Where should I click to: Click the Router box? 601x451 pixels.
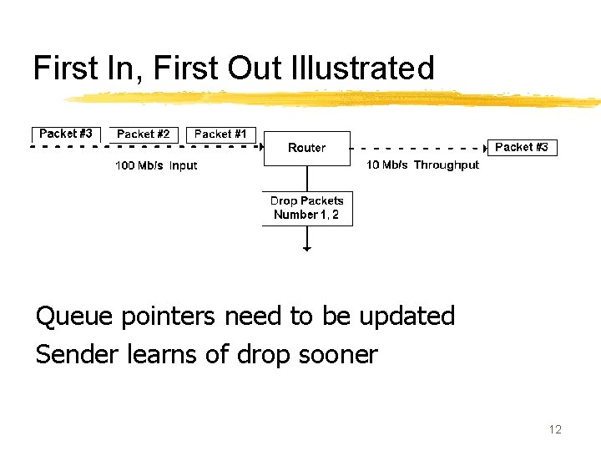click(306, 148)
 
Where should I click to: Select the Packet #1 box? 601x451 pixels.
click(220, 134)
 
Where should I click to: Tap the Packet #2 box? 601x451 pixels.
click(144, 134)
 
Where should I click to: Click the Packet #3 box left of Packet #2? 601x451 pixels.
click(66, 134)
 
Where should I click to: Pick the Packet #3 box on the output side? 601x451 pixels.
click(522, 147)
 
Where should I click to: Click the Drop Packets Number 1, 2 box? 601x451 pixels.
click(306, 208)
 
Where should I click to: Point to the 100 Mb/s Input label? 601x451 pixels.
click(156, 165)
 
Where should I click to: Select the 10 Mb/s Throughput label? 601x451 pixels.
click(422, 165)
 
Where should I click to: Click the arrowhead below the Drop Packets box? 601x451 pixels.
click(307, 248)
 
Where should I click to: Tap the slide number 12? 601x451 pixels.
click(555, 429)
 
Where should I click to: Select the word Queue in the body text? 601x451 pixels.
click(75, 317)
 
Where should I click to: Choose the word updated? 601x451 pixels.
click(407, 317)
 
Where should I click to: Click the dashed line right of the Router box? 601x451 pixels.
click(417, 147)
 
